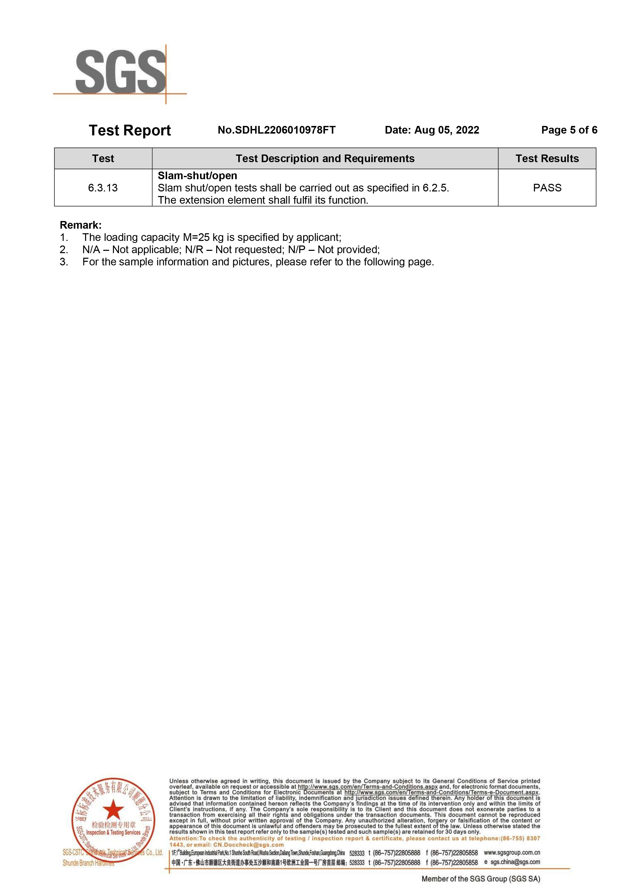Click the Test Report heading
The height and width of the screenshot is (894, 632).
pos(130,131)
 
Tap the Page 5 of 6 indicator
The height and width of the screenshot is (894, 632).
pos(569,130)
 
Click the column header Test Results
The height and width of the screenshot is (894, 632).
pos(547,159)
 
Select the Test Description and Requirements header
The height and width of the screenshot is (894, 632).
pos(325,159)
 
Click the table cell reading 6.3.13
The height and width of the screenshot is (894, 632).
pos(103,188)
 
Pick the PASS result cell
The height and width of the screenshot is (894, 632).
pos(547,188)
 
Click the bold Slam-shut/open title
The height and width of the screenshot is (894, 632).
pos(197,176)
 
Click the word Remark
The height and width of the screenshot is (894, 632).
pos(80,225)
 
